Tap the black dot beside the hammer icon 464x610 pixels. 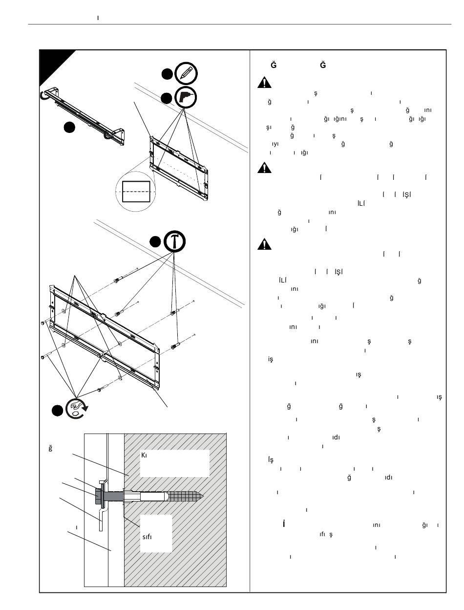155,242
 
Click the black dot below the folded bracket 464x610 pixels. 70,127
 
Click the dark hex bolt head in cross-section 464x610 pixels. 97,496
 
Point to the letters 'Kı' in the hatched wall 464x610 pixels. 145,455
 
